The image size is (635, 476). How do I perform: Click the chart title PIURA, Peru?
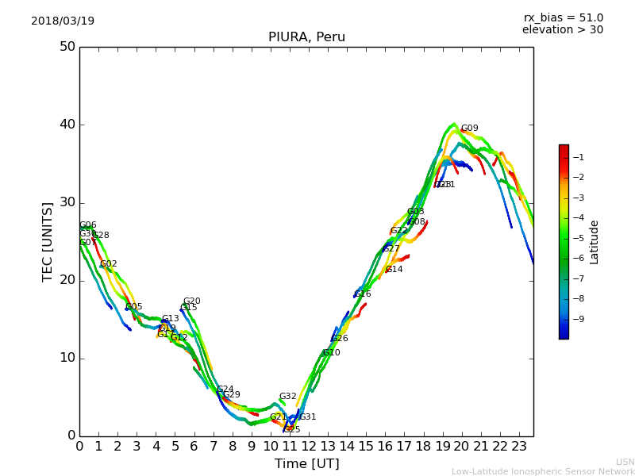point(306,37)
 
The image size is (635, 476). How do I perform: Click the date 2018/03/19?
point(63,21)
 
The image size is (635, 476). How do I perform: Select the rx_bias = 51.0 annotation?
point(563,17)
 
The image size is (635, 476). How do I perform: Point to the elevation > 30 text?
point(563,30)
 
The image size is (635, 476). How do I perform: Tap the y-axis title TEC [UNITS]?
point(48,241)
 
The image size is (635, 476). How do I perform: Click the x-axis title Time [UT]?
point(306,464)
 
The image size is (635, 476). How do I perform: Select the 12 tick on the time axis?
point(309,447)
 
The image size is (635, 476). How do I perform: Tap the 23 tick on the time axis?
point(519,447)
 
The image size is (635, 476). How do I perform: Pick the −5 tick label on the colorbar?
point(578,238)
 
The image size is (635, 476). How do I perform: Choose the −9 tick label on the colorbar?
point(578,319)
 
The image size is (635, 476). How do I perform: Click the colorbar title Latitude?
point(595,242)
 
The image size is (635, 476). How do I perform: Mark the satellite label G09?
point(470,129)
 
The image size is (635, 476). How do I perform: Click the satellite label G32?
point(287,397)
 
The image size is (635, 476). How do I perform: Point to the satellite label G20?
point(191,301)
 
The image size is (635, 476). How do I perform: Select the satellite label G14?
point(394,270)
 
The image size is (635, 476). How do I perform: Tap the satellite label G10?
point(331,353)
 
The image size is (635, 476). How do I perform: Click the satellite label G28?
point(101,236)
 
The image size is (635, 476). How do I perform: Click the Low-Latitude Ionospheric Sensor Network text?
point(543,472)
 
